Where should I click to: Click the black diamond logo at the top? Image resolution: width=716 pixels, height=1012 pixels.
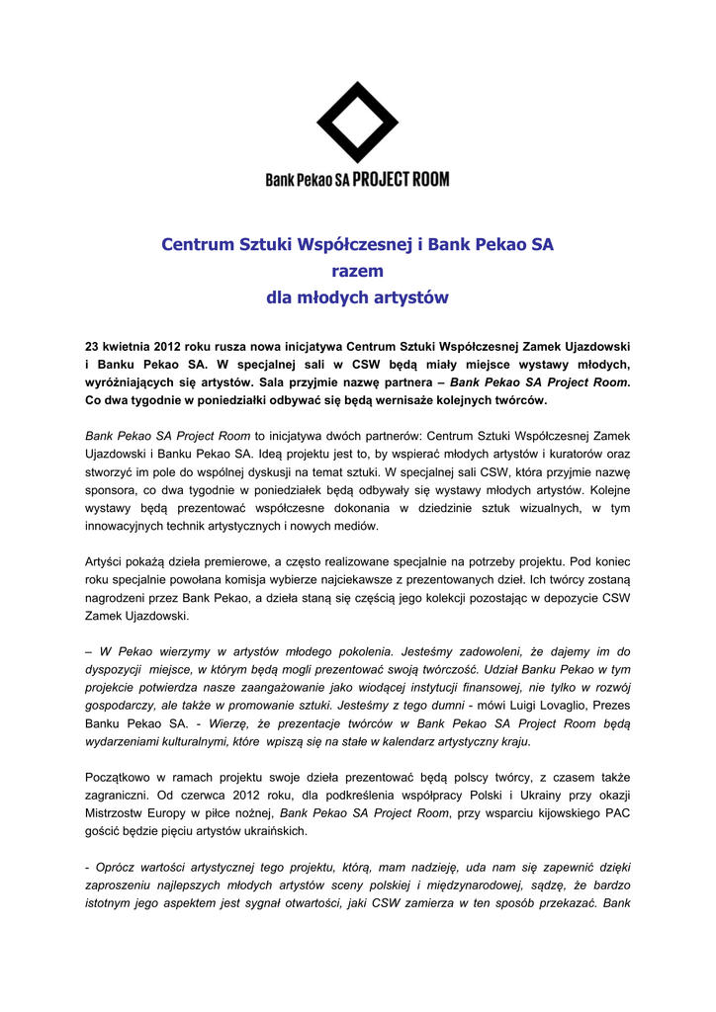coord(357,123)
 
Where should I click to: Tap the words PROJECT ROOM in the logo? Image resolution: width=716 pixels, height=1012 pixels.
coord(401,180)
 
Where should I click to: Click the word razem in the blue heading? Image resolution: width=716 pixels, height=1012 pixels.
coord(357,271)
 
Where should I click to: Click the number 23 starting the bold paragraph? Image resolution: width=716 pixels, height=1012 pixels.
coord(93,347)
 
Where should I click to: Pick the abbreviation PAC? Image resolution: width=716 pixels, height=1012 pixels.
coord(617,813)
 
